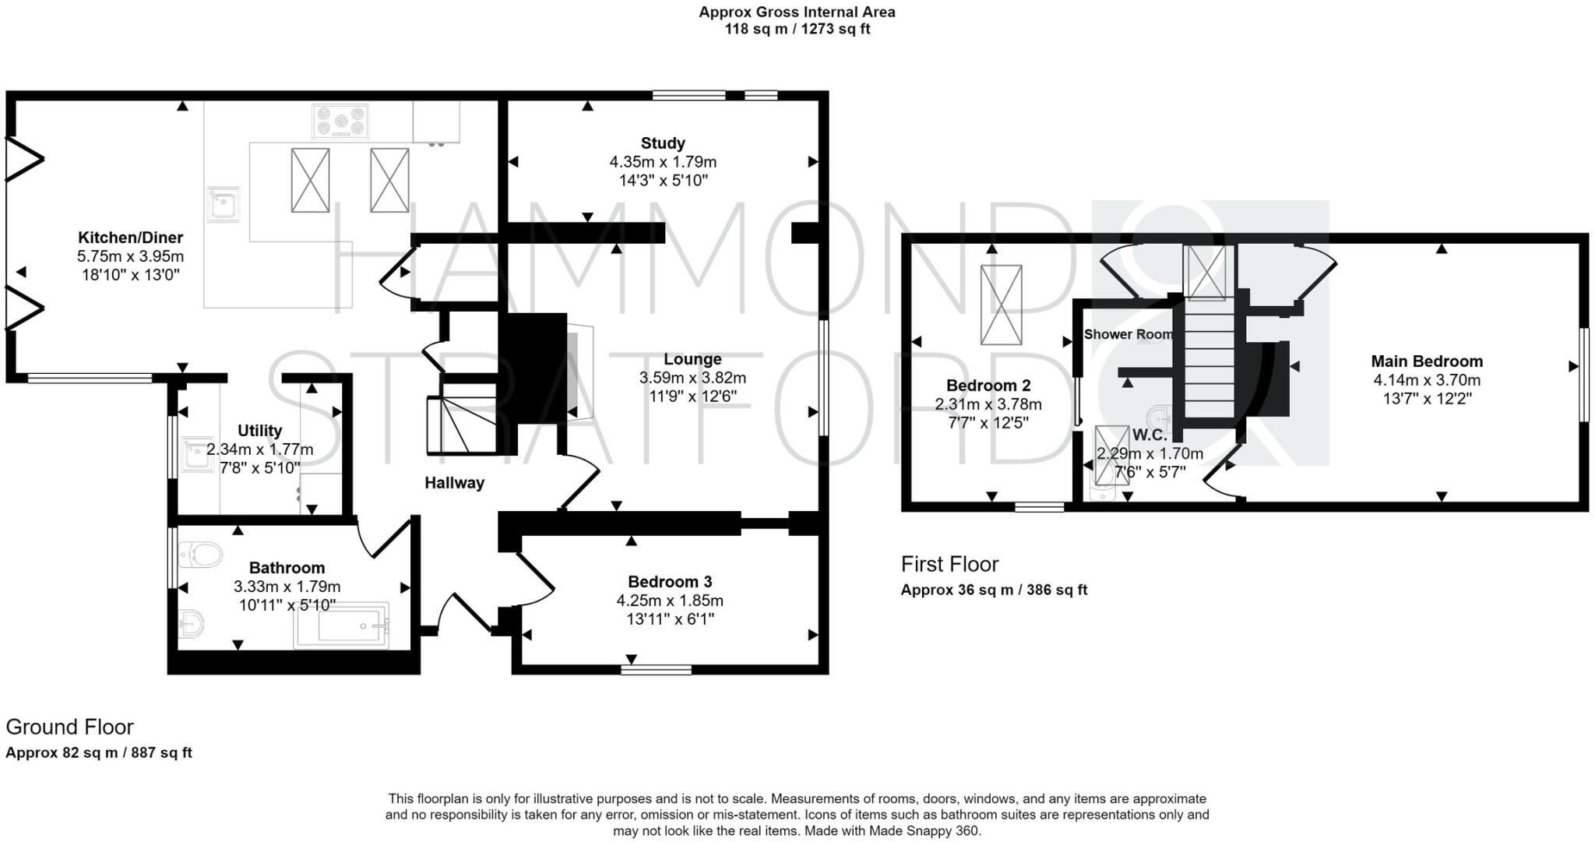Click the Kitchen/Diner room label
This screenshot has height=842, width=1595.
[x=130, y=238]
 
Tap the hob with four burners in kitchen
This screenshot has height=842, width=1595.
[x=340, y=122]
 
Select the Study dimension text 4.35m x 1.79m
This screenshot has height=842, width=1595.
[x=663, y=162]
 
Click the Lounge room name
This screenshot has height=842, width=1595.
[x=692, y=359]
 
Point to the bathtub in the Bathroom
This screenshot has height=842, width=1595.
[x=341, y=625]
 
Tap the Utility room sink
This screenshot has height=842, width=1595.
[x=197, y=456]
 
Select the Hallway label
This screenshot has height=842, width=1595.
[x=454, y=483]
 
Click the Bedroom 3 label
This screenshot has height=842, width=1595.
[x=670, y=582]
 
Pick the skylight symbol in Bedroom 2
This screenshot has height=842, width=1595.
[x=1001, y=305]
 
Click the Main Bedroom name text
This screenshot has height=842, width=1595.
[x=1427, y=361]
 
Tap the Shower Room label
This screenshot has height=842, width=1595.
[x=1128, y=334]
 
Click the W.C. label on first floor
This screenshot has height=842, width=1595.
[x=1150, y=435]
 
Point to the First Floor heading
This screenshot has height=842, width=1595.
[x=949, y=564]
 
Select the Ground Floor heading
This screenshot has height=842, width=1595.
[x=69, y=727]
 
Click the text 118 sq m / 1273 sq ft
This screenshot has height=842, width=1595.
[x=797, y=30]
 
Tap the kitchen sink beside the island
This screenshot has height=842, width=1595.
[x=224, y=204]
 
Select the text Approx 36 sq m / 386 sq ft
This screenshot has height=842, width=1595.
[x=994, y=590]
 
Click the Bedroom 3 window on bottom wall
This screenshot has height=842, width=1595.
[x=657, y=669]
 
